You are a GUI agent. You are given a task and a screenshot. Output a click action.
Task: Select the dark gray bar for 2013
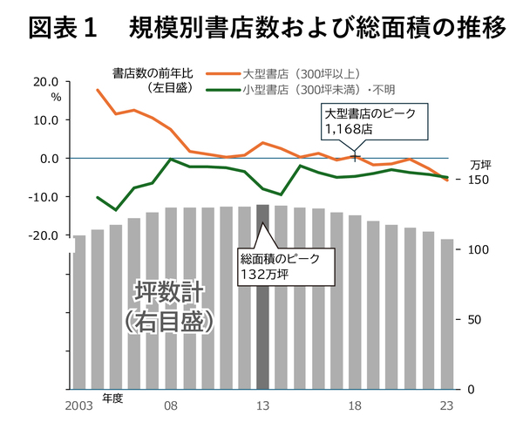262,296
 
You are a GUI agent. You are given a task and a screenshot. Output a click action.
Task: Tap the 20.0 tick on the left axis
44,82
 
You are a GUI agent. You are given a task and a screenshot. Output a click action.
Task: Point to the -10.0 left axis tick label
42,197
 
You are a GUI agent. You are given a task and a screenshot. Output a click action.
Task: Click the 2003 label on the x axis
79,405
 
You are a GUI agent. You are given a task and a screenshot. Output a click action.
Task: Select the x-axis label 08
171,405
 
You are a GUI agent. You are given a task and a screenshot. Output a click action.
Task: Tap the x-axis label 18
355,405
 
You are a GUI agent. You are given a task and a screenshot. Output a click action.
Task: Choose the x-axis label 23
447,405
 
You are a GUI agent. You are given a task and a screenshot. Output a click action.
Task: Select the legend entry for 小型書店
318,88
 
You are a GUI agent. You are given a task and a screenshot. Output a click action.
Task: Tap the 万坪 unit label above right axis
480,164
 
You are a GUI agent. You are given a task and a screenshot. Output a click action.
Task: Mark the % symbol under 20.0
56,97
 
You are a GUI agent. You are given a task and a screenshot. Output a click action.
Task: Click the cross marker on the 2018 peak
355,156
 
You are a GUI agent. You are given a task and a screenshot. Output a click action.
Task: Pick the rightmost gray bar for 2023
447,314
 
